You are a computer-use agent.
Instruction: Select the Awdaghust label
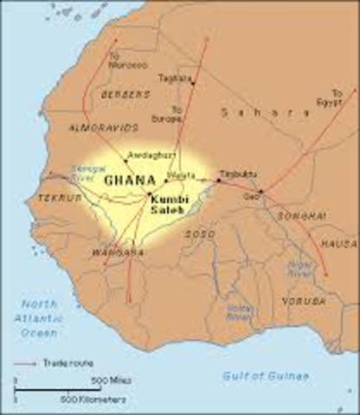coord(145,156)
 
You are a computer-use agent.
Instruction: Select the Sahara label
coord(247,112)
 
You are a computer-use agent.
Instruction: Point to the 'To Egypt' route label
coord(337,95)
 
